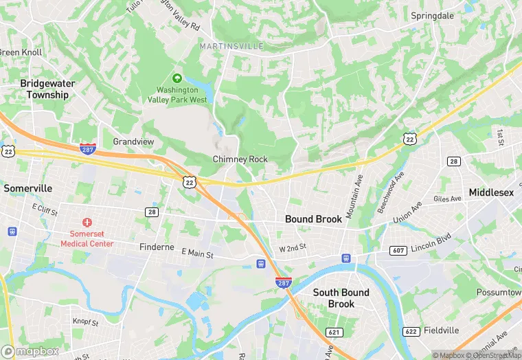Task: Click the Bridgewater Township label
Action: (47, 89)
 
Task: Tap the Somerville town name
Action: (27, 188)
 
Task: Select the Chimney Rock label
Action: (240, 159)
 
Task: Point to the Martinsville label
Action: (232, 46)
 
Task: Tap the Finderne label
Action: (157, 247)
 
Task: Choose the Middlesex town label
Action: (491, 192)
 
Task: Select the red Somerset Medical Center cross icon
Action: (87, 223)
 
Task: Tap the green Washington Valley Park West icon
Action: (177, 78)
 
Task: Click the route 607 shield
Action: (398, 251)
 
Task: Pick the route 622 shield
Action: (411, 332)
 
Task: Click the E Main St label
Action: (198, 254)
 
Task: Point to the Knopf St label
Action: (86, 322)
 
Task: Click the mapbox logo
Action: (31, 351)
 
